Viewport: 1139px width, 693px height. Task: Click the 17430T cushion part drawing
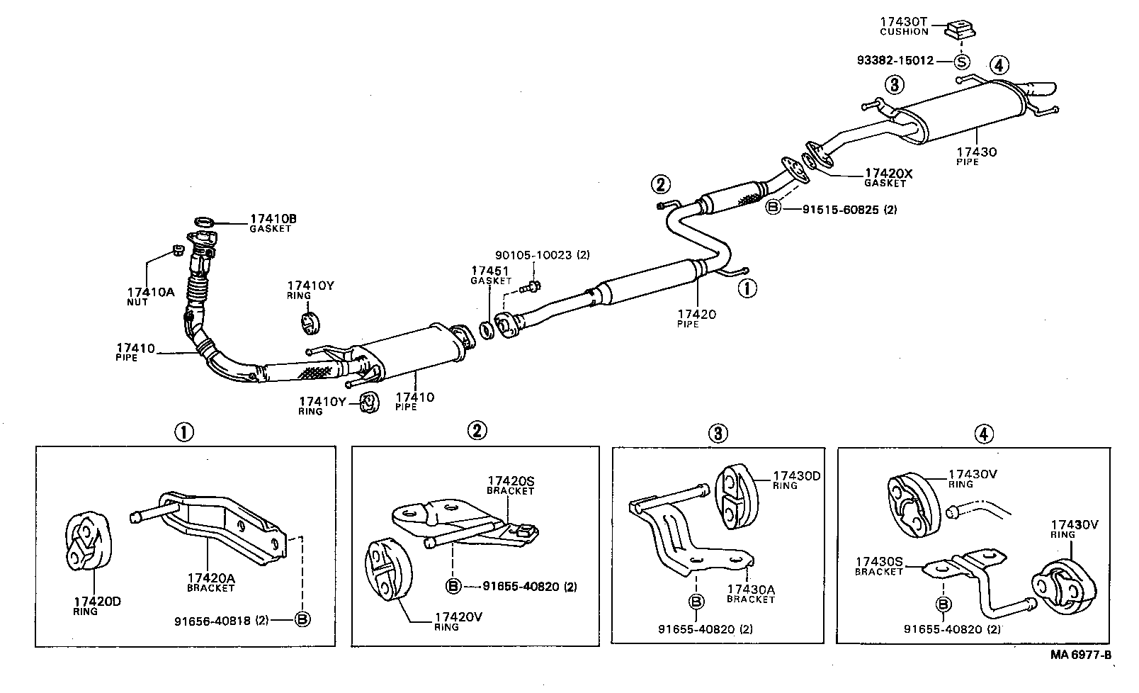point(960,30)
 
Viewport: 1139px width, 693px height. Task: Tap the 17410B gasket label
point(273,223)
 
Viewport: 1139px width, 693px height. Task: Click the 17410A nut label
point(150,295)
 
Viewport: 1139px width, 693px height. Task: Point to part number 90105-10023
point(534,255)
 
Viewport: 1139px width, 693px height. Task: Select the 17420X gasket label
point(888,177)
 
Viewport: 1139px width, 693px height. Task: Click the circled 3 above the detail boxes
point(718,432)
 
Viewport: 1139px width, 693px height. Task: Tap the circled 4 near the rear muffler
point(998,65)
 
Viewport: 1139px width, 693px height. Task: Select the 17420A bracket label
point(210,582)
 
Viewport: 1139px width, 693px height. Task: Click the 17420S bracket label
point(511,485)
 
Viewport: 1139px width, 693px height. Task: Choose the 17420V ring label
point(458,621)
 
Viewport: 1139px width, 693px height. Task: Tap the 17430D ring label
point(796,480)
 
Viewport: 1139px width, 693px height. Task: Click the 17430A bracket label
point(751,593)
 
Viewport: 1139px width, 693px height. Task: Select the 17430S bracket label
point(879,566)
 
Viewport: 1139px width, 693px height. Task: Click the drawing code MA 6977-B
point(1080,655)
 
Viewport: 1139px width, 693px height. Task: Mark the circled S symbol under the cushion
point(961,62)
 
